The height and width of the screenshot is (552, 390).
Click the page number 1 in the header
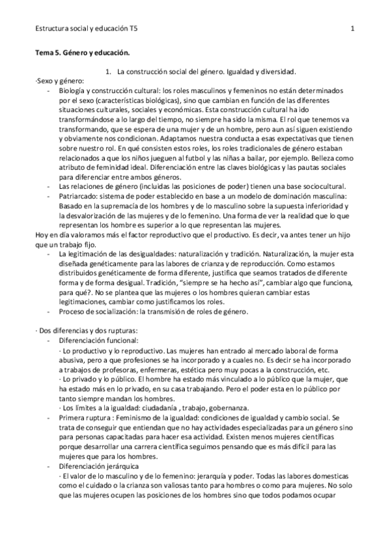(x=352, y=29)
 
